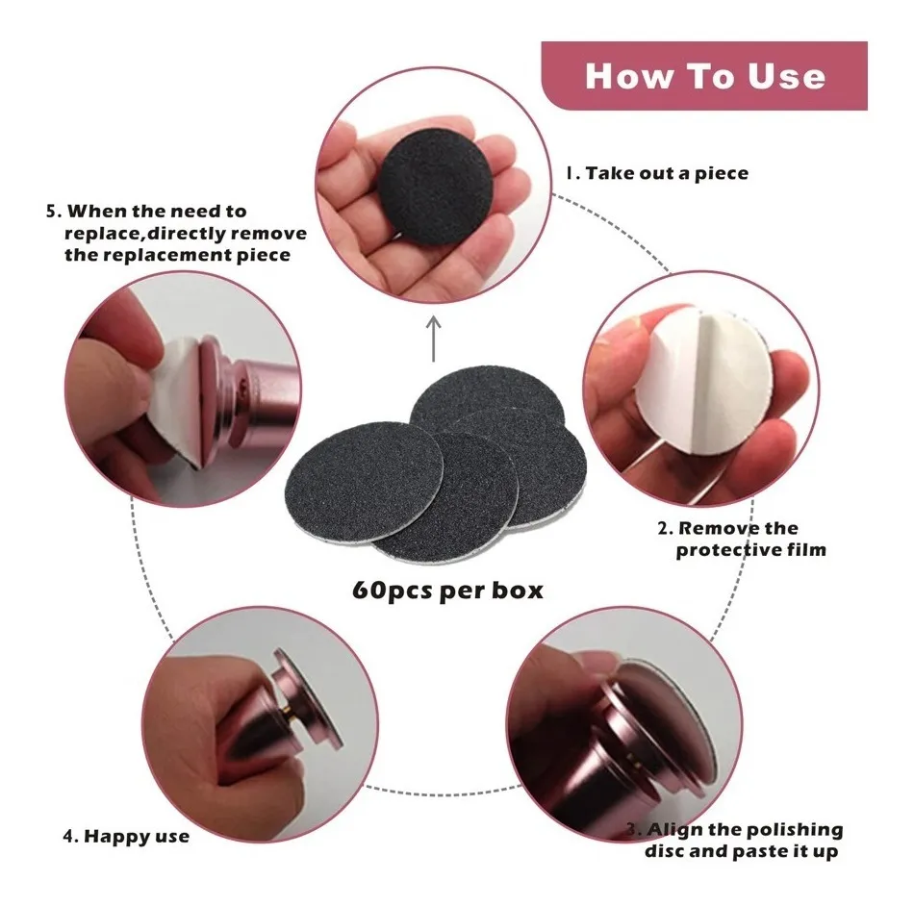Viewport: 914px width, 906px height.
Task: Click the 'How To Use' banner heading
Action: [x=704, y=76]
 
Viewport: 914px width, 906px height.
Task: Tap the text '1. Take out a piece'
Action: [x=657, y=173]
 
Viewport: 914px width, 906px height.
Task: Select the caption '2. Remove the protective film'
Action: [x=742, y=539]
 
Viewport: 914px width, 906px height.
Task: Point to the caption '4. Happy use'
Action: [x=126, y=836]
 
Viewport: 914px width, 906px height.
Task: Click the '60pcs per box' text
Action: [x=447, y=591]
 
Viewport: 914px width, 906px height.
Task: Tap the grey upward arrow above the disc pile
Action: [x=433, y=339]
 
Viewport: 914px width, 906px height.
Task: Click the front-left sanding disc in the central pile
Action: [x=364, y=483]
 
